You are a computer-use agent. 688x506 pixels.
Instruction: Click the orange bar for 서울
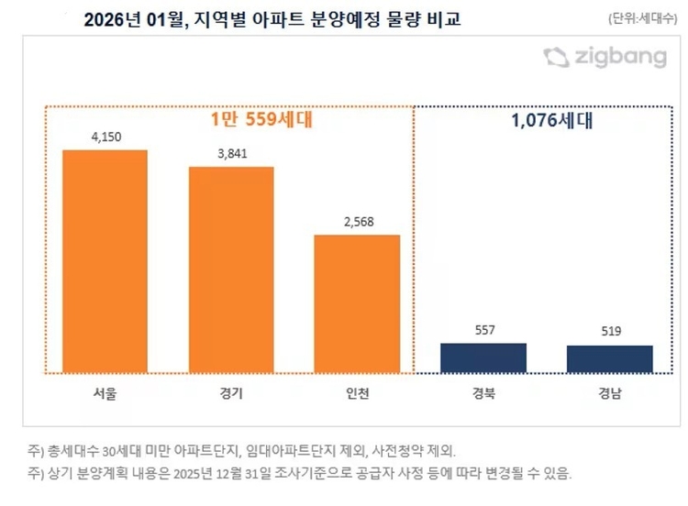[x=105, y=261]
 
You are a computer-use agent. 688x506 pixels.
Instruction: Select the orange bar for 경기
[x=231, y=269]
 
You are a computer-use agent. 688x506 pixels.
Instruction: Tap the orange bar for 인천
[x=357, y=303]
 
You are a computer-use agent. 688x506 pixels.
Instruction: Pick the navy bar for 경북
[x=483, y=357]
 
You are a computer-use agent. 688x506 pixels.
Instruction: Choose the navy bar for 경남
[x=609, y=358]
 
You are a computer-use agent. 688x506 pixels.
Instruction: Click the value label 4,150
[x=105, y=137]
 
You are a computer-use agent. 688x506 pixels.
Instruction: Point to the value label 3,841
[x=231, y=154]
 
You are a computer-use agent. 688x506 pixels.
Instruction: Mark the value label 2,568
[x=357, y=222]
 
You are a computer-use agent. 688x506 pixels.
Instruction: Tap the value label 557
[x=483, y=330]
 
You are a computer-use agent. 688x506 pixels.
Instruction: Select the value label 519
[x=609, y=332]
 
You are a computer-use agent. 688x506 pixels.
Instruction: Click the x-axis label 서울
[x=105, y=395]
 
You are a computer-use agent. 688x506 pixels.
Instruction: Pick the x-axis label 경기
[x=231, y=395]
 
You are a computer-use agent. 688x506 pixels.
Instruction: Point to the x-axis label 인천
[x=357, y=395]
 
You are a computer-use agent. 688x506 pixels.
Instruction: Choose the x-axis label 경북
[x=483, y=395]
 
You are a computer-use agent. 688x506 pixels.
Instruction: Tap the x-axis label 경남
[x=609, y=395]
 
